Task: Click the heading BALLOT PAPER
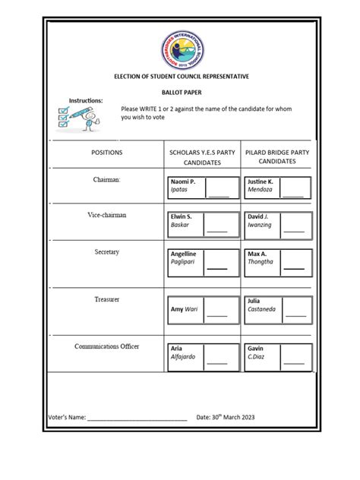coord(180,91)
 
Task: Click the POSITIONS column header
coord(106,153)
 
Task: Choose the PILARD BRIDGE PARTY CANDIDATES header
coord(276,157)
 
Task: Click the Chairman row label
coord(107,179)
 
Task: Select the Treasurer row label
coord(106,299)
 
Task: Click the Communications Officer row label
coord(106,346)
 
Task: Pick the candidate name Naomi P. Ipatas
coord(184,187)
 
